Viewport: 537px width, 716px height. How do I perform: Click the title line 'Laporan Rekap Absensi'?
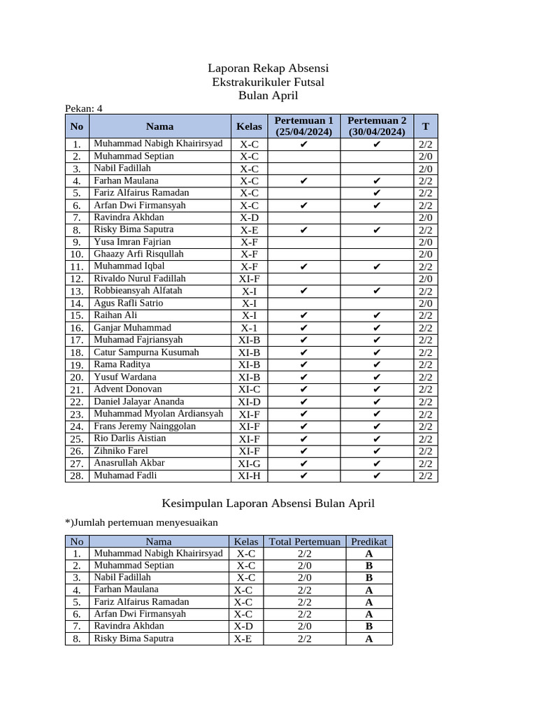click(268, 69)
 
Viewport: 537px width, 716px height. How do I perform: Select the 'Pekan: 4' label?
click(84, 108)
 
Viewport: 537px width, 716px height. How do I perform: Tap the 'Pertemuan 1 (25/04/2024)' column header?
click(303, 126)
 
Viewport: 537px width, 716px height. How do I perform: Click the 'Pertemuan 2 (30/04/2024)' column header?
click(377, 126)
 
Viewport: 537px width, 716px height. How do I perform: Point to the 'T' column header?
click(425, 127)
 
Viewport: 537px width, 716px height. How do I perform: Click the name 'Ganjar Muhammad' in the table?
click(132, 328)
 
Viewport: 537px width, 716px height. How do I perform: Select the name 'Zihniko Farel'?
click(121, 451)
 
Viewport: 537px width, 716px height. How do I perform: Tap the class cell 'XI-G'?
click(249, 464)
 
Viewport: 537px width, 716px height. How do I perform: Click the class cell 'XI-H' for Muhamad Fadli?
click(249, 476)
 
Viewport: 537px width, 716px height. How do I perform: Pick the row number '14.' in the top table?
click(77, 303)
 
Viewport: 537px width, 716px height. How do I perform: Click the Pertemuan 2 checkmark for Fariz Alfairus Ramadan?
click(377, 193)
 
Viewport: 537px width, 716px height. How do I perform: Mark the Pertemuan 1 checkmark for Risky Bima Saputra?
click(303, 230)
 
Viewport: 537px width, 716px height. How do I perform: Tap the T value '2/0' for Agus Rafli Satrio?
click(425, 303)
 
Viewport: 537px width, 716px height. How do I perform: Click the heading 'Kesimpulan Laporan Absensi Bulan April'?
click(268, 503)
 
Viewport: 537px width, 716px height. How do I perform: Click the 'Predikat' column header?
click(368, 541)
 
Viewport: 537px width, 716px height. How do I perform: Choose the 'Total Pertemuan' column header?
click(304, 541)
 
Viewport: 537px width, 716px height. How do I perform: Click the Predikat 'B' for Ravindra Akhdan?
click(368, 626)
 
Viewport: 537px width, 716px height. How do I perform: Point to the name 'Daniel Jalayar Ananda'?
click(139, 402)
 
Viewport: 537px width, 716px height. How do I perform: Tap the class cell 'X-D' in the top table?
click(249, 217)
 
